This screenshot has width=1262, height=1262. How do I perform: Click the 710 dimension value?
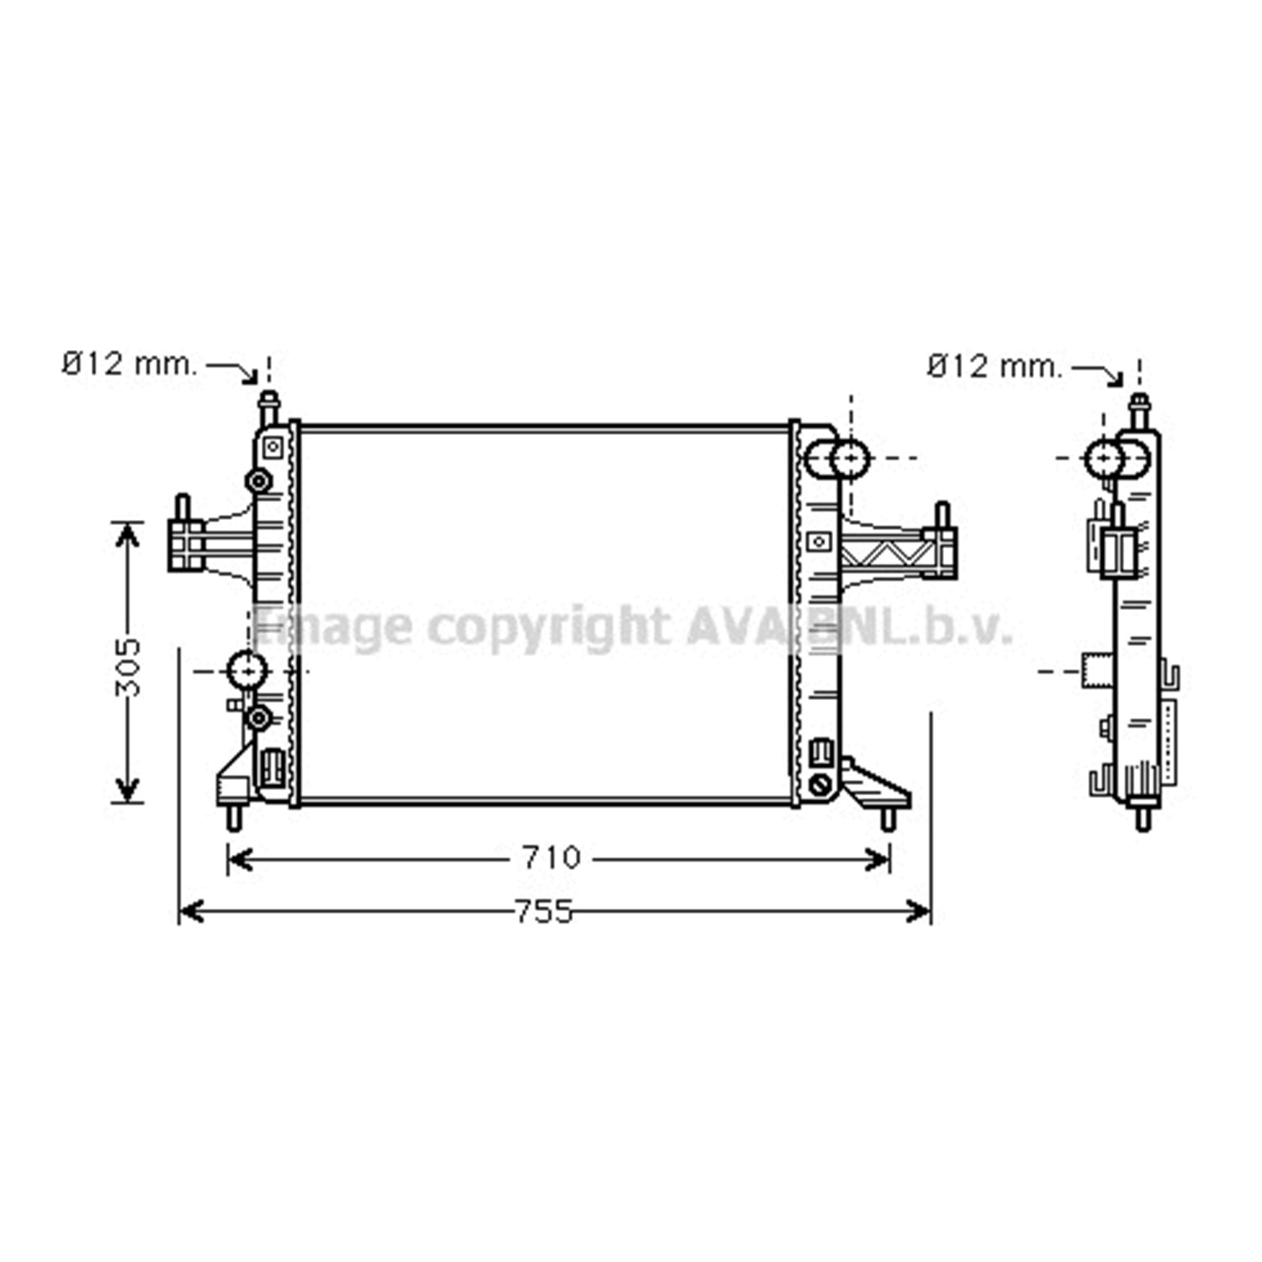point(551,858)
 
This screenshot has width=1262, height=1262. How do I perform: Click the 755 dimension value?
point(544,911)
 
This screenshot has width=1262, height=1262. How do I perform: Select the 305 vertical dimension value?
point(128,667)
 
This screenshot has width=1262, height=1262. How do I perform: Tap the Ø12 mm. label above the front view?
point(130,364)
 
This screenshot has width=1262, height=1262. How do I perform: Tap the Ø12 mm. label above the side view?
point(995,366)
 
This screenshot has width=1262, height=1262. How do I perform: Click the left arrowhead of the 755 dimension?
point(192,910)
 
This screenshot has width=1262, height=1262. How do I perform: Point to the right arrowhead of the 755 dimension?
point(918,910)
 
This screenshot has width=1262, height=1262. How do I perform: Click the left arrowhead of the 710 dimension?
point(241,859)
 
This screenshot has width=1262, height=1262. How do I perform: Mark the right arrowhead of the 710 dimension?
point(878,859)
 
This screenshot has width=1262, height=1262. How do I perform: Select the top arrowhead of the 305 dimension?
point(127,536)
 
